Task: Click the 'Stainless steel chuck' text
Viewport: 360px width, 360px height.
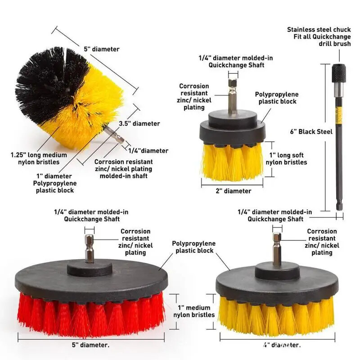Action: pos(319,30)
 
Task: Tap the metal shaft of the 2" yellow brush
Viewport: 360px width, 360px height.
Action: pos(232,97)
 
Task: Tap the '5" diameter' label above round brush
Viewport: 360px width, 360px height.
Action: pos(102,49)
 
